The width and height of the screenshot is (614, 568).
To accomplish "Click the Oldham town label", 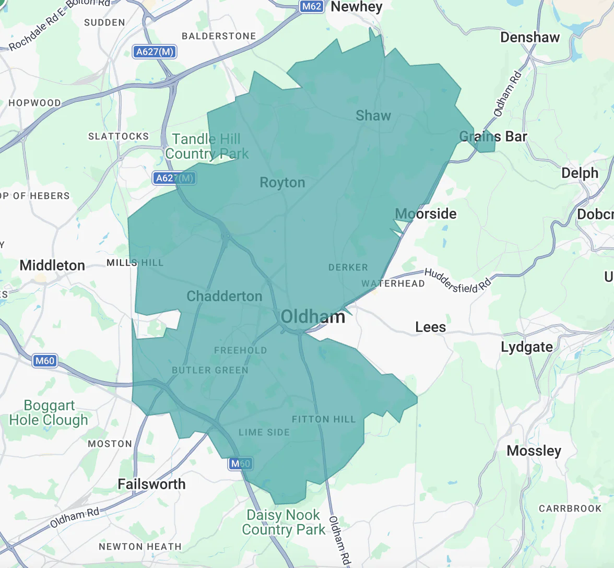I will coord(313,316).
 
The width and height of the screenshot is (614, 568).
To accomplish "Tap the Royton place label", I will coord(282,183).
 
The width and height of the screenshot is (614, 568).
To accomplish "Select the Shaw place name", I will coord(373,116).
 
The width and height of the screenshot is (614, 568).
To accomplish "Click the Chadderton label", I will coord(225,296).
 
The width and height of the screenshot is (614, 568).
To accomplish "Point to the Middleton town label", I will coord(52,265).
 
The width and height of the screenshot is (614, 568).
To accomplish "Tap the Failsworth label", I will coord(151,484).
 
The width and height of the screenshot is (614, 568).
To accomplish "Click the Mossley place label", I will coord(534,451).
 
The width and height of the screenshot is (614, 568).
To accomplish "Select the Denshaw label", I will coord(529,37).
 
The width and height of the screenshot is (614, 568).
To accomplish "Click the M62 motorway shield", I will coord(312,6).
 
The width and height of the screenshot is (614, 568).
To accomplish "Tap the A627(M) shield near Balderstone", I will coord(154,52).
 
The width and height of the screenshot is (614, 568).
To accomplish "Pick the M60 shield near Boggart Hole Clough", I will coord(44,361).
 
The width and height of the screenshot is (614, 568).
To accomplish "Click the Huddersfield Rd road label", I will coord(457,281).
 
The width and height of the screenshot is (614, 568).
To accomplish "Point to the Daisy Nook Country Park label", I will coord(284,522).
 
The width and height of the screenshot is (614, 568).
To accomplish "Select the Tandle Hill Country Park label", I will coord(207,146).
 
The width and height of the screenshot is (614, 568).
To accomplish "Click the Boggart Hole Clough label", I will coord(49,412).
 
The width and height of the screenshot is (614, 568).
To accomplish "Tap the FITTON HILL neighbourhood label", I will coord(323,419).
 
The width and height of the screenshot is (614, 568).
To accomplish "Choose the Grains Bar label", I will coord(493,137).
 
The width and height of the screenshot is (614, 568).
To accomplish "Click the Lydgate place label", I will coord(526,347).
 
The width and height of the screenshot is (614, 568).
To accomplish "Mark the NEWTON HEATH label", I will coord(140,547).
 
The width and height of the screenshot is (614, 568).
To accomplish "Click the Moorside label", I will coord(426,214).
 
